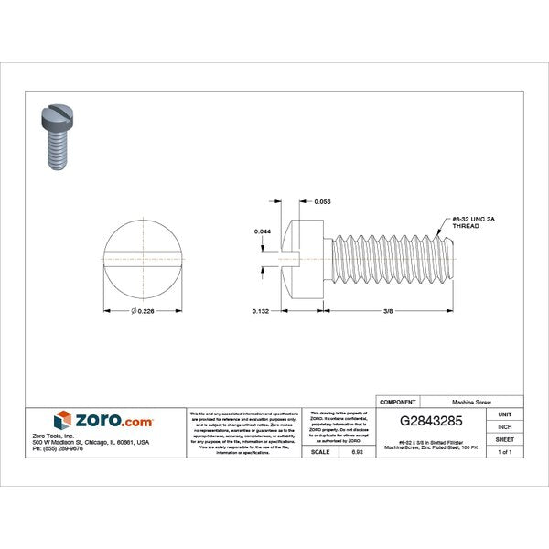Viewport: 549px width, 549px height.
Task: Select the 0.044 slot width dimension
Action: (x=263, y=232)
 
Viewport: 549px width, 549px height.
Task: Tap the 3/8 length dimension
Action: (x=389, y=311)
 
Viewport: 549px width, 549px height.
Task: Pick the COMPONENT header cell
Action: (x=399, y=402)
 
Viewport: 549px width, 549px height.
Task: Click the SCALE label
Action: (x=320, y=453)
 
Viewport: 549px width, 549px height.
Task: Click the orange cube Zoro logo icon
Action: (x=63, y=421)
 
